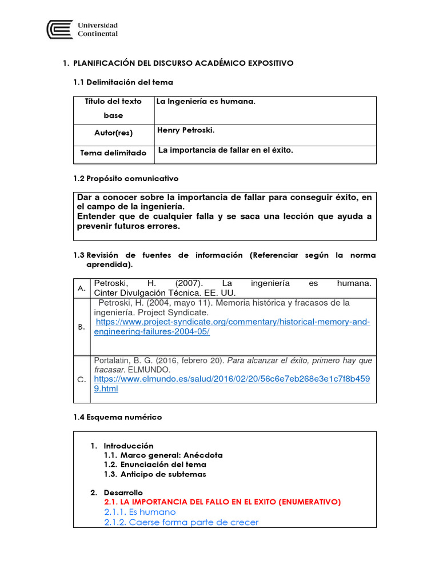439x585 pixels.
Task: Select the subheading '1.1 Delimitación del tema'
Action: click(x=123, y=82)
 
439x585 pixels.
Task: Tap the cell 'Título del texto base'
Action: click(x=113, y=109)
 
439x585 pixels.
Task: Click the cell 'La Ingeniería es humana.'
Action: click(x=206, y=102)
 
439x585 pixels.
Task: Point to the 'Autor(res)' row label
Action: click(x=113, y=133)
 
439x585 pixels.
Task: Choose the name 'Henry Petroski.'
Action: click(x=186, y=130)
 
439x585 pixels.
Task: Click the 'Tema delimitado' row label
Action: click(x=113, y=153)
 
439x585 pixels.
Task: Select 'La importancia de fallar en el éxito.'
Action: click(x=225, y=150)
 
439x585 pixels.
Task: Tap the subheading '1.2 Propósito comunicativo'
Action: click(x=126, y=178)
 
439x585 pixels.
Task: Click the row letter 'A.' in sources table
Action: click(x=82, y=289)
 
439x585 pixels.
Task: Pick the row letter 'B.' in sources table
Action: click(x=82, y=327)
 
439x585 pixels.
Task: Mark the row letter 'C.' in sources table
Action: click(x=82, y=380)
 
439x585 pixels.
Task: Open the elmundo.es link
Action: click(x=232, y=379)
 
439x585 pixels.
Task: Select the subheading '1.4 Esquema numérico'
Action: click(x=117, y=417)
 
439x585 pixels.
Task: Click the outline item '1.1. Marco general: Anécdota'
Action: click(x=163, y=455)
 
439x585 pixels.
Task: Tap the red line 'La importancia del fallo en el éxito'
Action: click(x=222, y=502)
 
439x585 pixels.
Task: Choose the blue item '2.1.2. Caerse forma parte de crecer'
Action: click(x=181, y=522)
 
